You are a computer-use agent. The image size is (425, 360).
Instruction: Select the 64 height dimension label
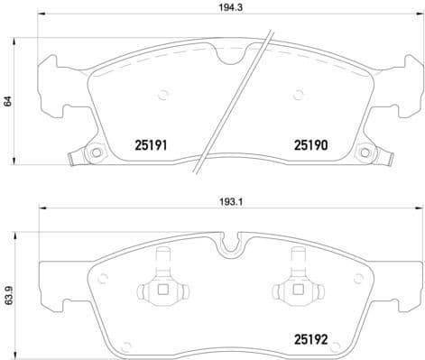pos(8,101)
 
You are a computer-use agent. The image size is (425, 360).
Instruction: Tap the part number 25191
pos(152,143)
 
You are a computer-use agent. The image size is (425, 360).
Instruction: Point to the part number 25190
pos(309,143)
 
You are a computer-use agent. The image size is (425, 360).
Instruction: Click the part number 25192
pos(309,342)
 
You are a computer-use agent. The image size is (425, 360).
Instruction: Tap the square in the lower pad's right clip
pos(295,291)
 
